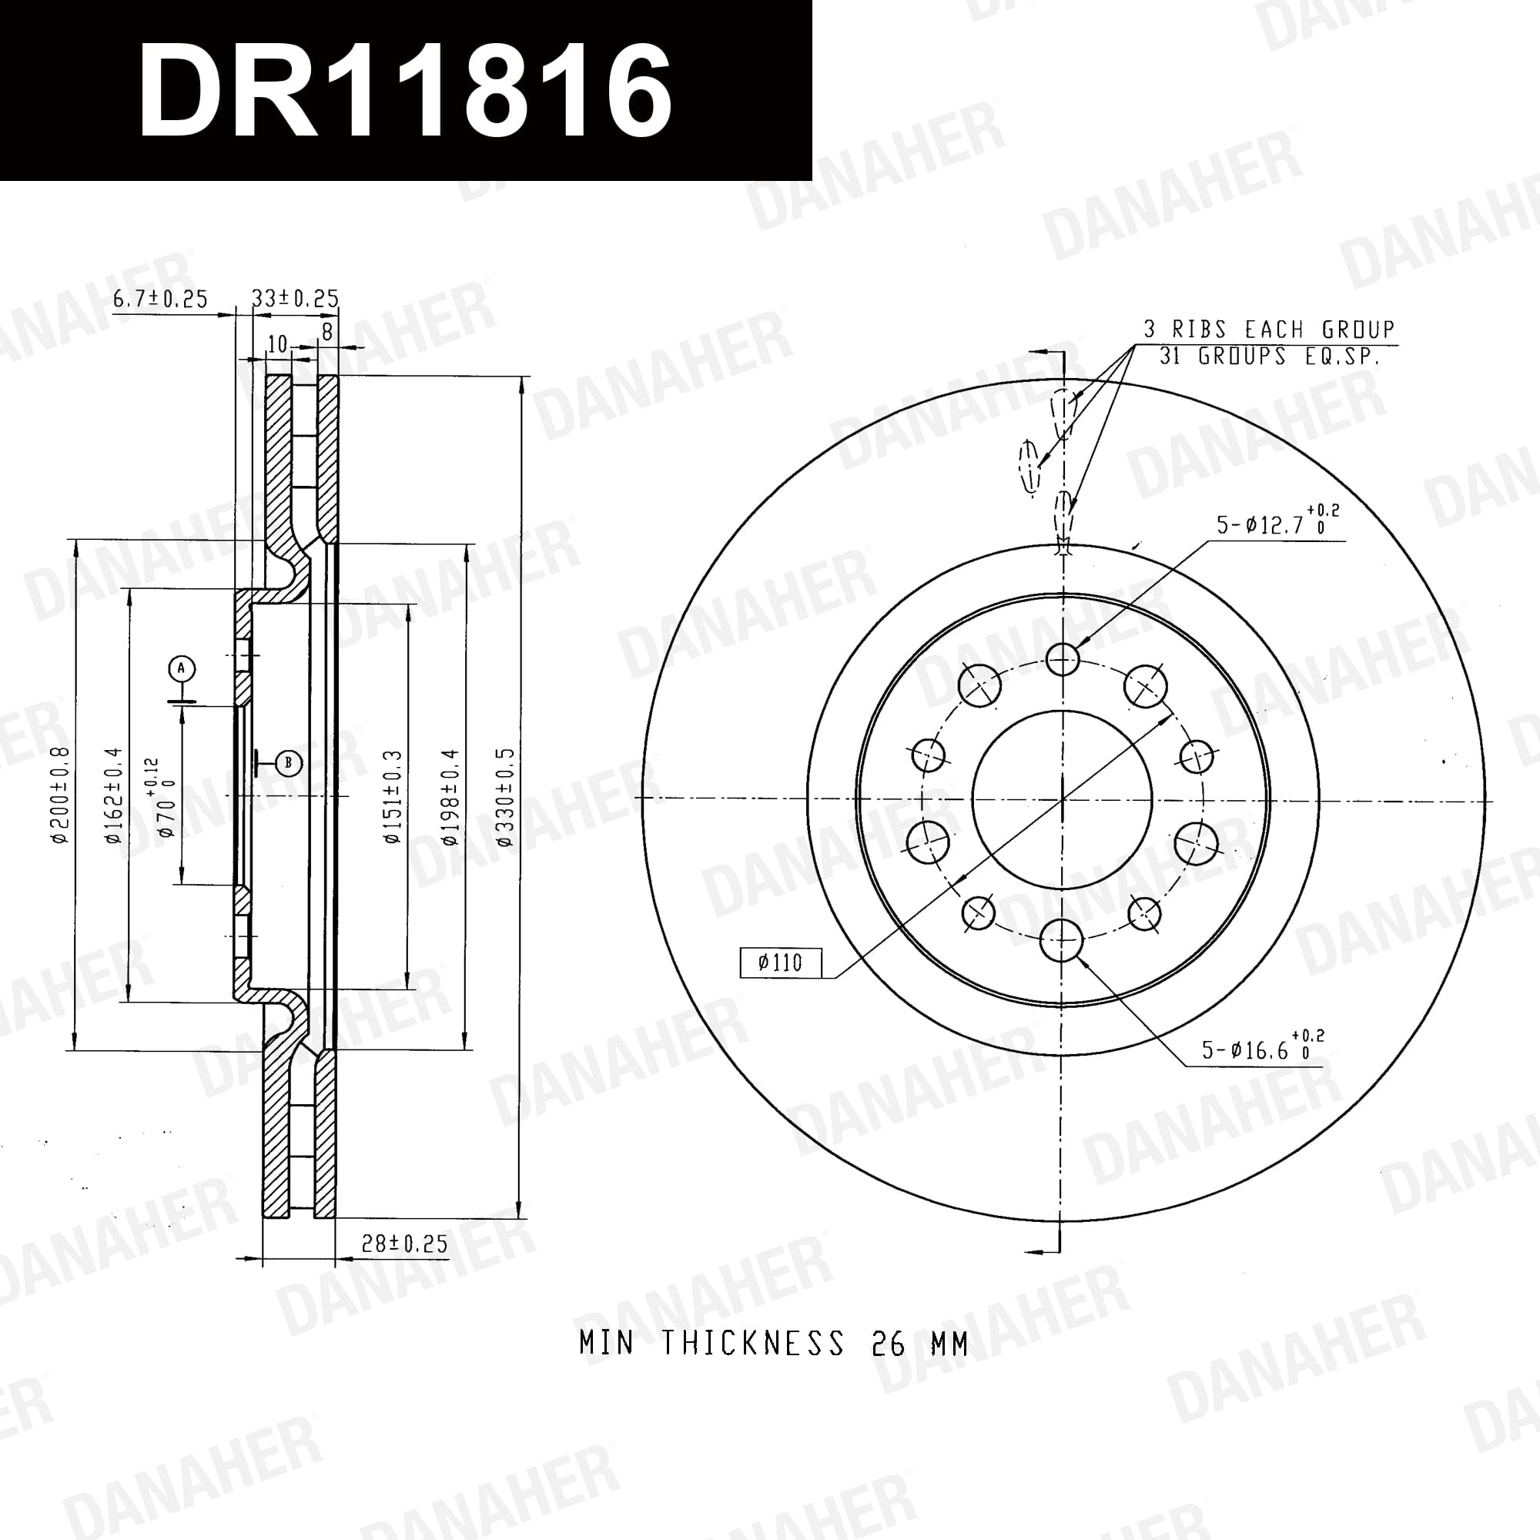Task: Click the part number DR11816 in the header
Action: pyautogui.click(x=405, y=89)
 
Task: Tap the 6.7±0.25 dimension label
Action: pyautogui.click(x=160, y=299)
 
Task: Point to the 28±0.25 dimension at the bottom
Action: pyautogui.click(x=404, y=1244)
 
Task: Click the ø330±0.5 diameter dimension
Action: pyautogui.click(x=504, y=796)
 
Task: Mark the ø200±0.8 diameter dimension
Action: pyautogui.click(x=60, y=795)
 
